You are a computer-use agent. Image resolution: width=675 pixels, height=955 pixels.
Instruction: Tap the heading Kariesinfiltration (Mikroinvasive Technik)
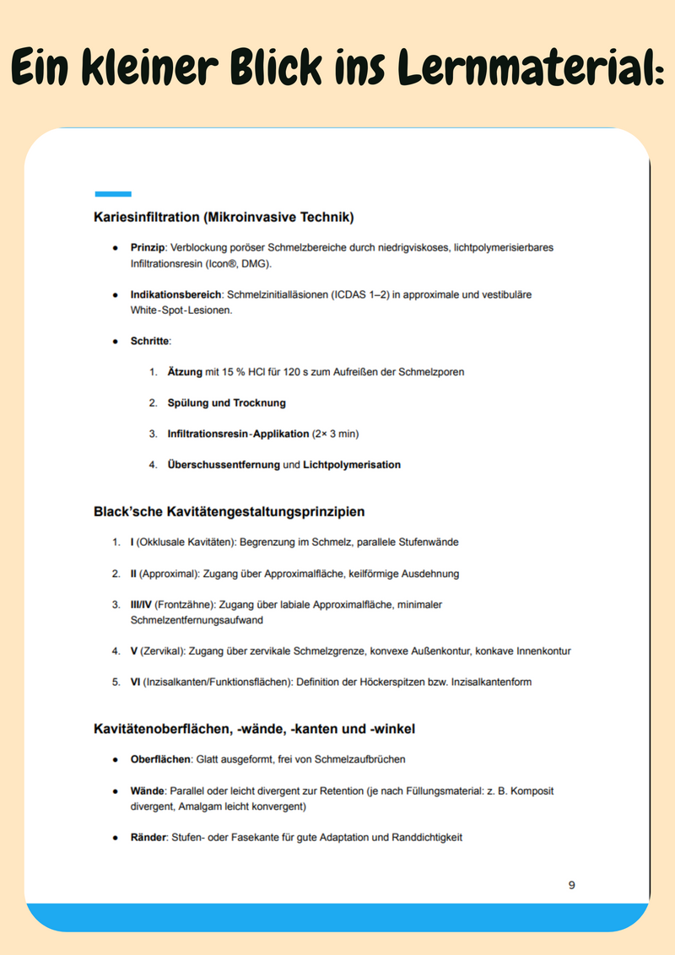(224, 217)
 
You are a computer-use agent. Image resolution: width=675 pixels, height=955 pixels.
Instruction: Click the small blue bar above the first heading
(113, 194)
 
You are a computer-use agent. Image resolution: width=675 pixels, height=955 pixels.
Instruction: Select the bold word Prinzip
(148, 248)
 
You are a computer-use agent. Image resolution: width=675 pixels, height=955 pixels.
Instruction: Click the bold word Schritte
(150, 341)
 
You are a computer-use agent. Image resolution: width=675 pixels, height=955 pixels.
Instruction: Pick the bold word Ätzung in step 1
(185, 371)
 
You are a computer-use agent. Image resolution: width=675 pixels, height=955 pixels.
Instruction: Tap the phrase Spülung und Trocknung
(227, 402)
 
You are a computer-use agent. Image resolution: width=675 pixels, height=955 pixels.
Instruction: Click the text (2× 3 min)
(337, 434)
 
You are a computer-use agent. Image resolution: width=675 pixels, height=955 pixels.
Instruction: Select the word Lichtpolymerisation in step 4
(352, 465)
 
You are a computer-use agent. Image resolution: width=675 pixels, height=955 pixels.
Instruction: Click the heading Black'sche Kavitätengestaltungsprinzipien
(229, 511)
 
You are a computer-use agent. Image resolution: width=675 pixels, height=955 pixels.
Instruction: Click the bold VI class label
(135, 682)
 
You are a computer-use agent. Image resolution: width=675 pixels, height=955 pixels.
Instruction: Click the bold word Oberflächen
(160, 759)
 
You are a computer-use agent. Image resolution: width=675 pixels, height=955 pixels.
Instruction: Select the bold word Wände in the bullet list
(148, 791)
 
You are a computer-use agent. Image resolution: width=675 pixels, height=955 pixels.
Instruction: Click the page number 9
(572, 885)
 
